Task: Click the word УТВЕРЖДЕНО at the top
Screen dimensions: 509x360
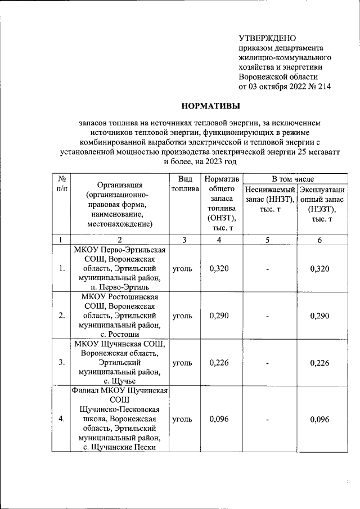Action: click(267, 38)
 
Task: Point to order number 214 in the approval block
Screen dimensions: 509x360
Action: click(324, 87)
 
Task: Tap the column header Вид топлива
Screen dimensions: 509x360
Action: click(185, 184)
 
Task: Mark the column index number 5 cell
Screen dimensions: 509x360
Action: click(267, 240)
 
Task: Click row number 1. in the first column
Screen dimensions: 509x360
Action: click(62, 268)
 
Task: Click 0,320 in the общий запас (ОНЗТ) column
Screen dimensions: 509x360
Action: click(219, 268)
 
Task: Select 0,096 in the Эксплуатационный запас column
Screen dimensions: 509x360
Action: click(319, 419)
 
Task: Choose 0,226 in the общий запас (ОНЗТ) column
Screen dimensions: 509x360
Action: click(219, 362)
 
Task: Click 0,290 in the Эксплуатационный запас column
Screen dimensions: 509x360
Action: click(319, 316)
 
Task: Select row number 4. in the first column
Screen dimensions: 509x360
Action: click(62, 419)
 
